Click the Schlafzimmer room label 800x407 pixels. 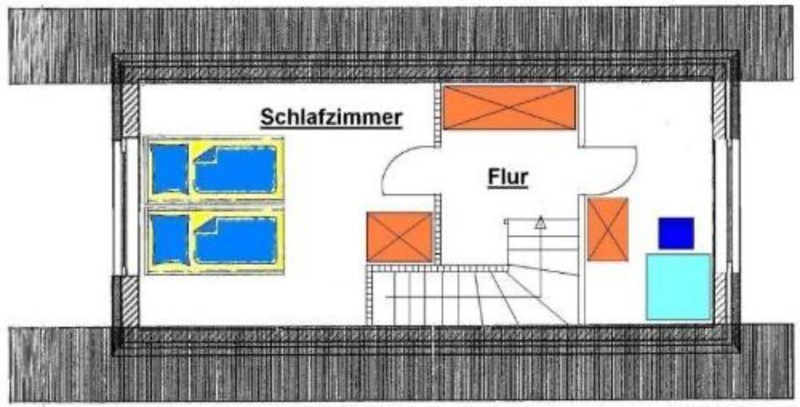[x=332, y=118]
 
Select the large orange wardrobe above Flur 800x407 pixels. [x=509, y=108]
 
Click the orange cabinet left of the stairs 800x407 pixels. [x=400, y=236]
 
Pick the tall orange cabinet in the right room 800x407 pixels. [x=607, y=229]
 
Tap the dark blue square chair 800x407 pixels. [x=676, y=233]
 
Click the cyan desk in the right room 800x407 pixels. [x=678, y=286]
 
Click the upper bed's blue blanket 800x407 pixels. [x=235, y=169]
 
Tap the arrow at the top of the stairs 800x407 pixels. [x=540, y=222]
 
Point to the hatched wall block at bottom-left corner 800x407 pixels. [x=131, y=299]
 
